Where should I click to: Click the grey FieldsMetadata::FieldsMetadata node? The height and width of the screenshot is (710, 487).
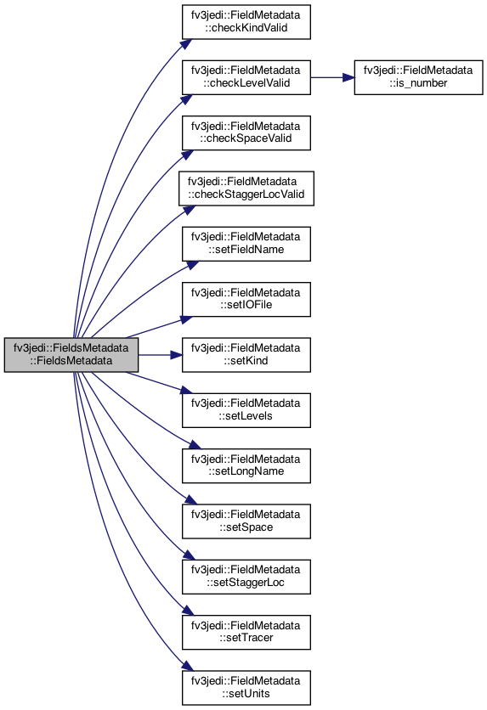pyautogui.click(x=71, y=355)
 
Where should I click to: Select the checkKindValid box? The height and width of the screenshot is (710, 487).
pyautogui.click(x=246, y=22)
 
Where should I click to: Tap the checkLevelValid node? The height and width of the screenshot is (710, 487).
pyautogui.click(x=246, y=77)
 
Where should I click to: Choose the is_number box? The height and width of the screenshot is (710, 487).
pyautogui.click(x=419, y=77)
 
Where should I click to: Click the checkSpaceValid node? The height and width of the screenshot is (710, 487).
pyautogui.click(x=246, y=132)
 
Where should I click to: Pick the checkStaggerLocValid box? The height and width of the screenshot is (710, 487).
pyautogui.click(x=246, y=189)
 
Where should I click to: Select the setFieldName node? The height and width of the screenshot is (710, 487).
pyautogui.click(x=246, y=244)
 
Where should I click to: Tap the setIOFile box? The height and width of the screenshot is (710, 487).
pyautogui.click(x=246, y=299)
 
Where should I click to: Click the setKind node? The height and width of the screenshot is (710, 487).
pyautogui.click(x=246, y=355)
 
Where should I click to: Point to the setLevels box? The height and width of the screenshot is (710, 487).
pyautogui.click(x=246, y=410)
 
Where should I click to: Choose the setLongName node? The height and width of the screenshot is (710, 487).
pyautogui.click(x=246, y=466)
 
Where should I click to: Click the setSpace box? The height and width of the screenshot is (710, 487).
pyautogui.click(x=246, y=521)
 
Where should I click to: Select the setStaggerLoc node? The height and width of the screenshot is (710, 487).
pyautogui.click(x=246, y=577)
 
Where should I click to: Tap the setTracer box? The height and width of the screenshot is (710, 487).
pyautogui.click(x=246, y=632)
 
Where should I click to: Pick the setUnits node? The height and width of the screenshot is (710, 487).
pyautogui.click(x=246, y=688)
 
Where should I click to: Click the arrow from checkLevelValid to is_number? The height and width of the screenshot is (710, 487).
pyautogui.click(x=332, y=77)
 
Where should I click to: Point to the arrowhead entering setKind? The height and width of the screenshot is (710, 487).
pyautogui.click(x=177, y=355)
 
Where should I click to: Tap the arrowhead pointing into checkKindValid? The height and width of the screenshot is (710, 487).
pyautogui.click(x=186, y=44)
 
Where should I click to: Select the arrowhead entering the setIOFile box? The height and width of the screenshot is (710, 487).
pyautogui.click(x=187, y=319)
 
